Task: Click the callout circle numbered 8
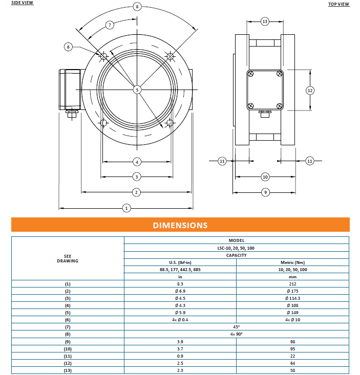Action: (137, 7)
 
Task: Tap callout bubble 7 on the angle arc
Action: (110, 25)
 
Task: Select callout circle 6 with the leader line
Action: (69, 47)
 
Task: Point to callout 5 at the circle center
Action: (137, 90)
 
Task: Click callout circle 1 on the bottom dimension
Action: (126, 208)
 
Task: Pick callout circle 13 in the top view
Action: (265, 21)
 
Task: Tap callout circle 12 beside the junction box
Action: (310, 90)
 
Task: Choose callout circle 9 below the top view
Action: (265, 192)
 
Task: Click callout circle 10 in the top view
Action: (265, 177)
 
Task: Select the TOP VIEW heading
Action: (338, 4)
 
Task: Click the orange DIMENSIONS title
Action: (180, 225)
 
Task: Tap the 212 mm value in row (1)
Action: (293, 283)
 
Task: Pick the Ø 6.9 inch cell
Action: (180, 291)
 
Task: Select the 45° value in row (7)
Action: (236, 326)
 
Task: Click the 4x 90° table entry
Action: (236, 334)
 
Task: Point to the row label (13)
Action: (68, 370)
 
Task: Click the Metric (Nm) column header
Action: (293, 262)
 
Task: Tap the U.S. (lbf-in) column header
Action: (180, 262)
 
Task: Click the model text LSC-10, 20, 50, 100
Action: (236, 248)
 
